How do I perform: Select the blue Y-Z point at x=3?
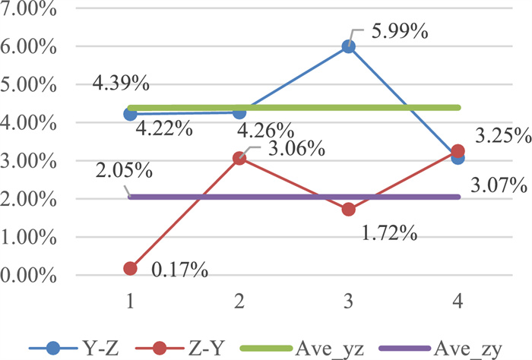(x=349, y=46)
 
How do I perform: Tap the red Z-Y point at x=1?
(x=130, y=268)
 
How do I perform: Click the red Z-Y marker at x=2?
(x=239, y=158)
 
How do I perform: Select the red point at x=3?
(x=349, y=209)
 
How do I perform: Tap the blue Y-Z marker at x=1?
(x=130, y=114)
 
